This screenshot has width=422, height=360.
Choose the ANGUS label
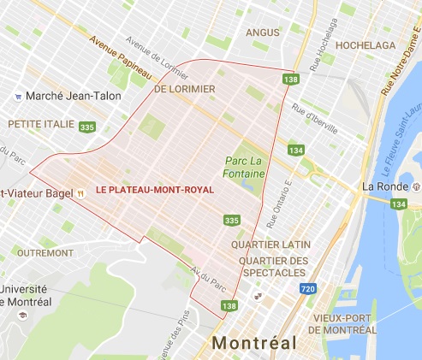(262, 32)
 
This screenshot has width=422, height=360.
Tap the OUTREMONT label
(39, 252)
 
